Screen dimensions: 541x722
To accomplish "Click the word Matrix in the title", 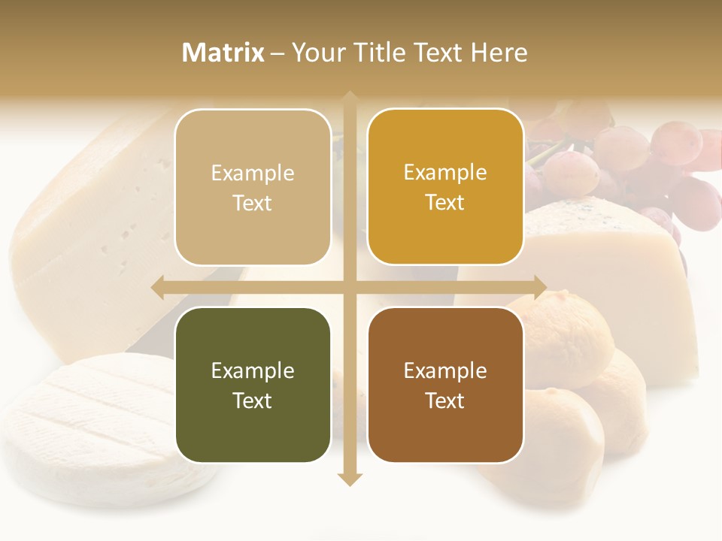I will point(223,53).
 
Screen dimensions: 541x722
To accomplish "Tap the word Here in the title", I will point(499,53).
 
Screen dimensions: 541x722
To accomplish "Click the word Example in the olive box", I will point(253,371).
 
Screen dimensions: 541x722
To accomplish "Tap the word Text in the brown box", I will point(445,400).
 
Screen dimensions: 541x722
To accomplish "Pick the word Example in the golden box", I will point(445,173).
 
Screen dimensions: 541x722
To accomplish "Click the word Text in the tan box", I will point(253,203).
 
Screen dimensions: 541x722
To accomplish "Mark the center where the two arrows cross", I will point(350,287).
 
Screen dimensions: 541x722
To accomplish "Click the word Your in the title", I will point(317,53).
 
